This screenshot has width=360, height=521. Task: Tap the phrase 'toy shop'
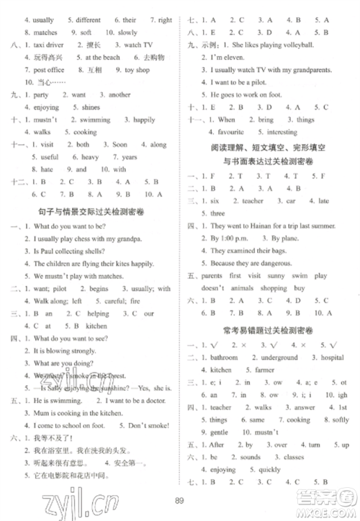[137, 70]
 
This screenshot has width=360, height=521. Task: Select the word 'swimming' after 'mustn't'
[95, 120]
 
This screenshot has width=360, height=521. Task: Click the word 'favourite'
[230, 132]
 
